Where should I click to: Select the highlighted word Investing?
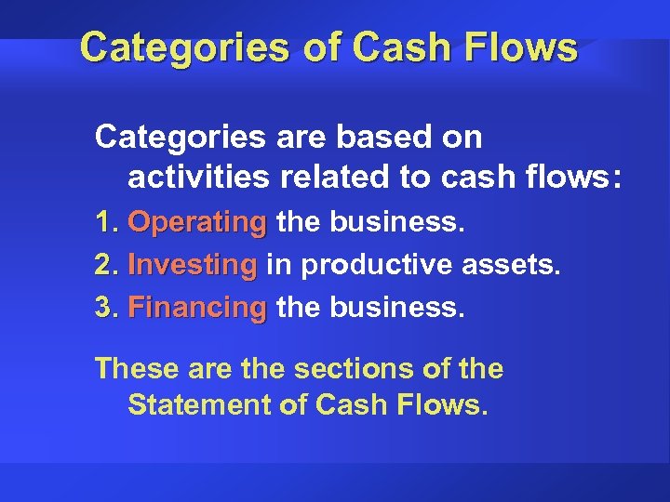pos(192,266)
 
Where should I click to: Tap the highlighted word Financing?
pos(196,307)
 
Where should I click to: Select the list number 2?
pos(105,266)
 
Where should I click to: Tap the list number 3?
pos(105,307)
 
